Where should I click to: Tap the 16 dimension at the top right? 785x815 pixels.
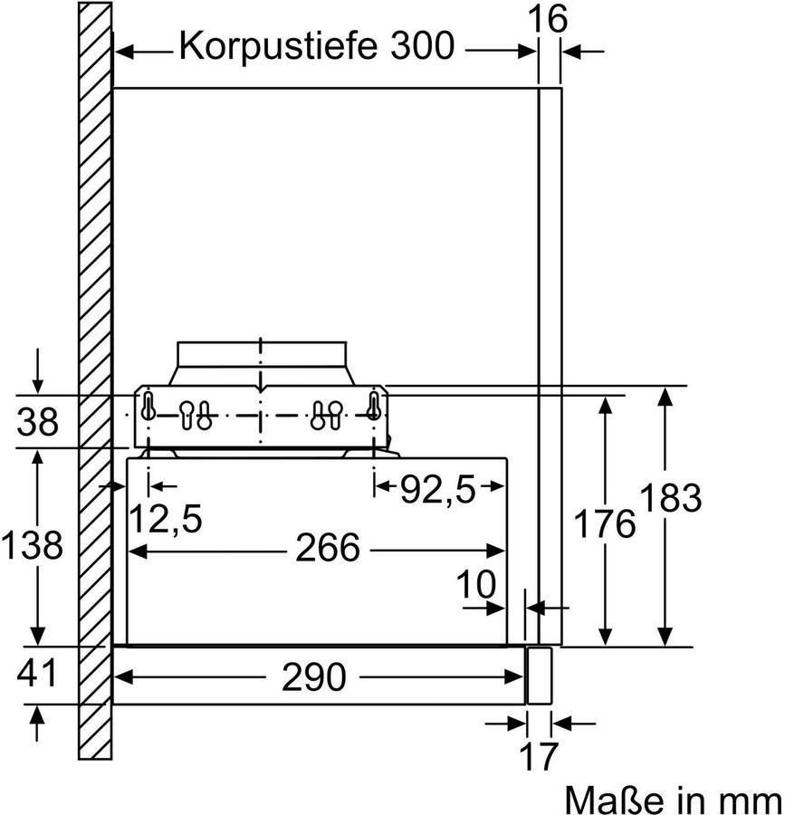[550, 18]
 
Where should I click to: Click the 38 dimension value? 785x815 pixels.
[38, 422]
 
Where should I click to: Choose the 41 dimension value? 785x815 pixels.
[36, 674]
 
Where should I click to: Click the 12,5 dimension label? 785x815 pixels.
[164, 520]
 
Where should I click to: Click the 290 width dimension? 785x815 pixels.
[314, 676]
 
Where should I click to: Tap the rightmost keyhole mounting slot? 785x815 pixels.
[372, 407]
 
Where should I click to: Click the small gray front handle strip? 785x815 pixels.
[540, 675]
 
